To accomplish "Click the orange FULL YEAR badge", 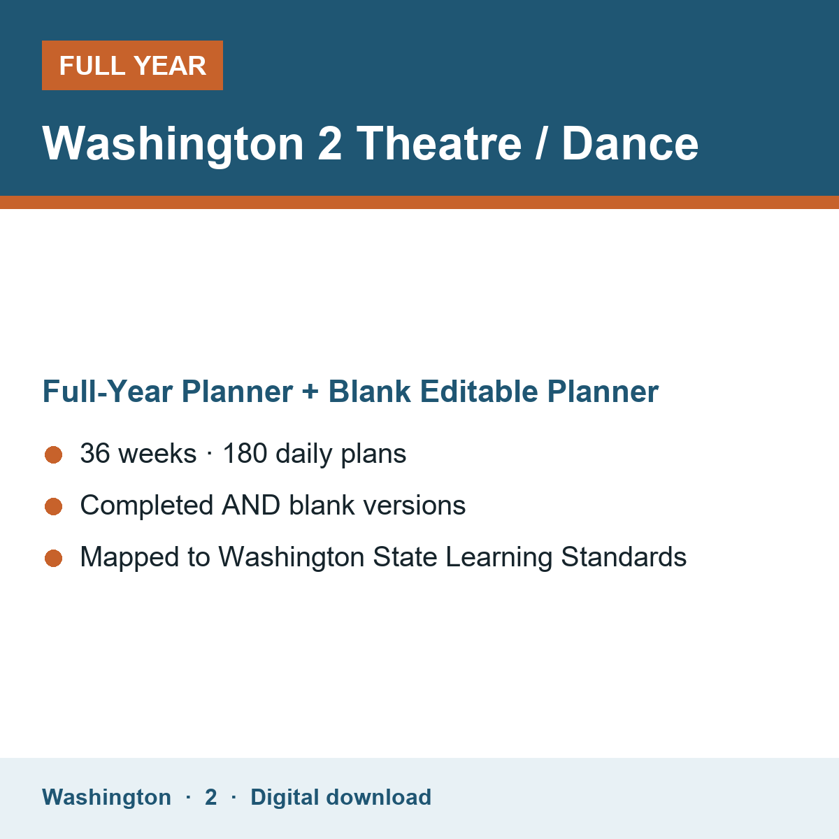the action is tap(132, 65).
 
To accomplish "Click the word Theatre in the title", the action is tap(439, 144).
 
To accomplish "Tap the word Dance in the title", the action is tap(630, 144).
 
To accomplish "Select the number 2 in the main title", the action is tap(329, 144).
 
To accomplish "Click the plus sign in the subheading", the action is tap(310, 392).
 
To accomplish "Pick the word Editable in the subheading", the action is tap(479, 391).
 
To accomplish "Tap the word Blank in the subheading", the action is tap(369, 391).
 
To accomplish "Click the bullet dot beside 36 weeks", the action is tap(54, 455).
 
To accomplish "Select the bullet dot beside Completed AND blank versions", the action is tap(54, 507).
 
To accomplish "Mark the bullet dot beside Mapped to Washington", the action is tap(54, 559).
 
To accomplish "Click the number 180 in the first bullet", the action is tap(245, 453).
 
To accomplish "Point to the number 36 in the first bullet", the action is tap(95, 453).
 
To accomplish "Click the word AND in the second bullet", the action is tap(251, 505).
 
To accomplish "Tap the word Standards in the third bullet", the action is tap(624, 557).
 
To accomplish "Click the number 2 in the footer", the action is tap(211, 797).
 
